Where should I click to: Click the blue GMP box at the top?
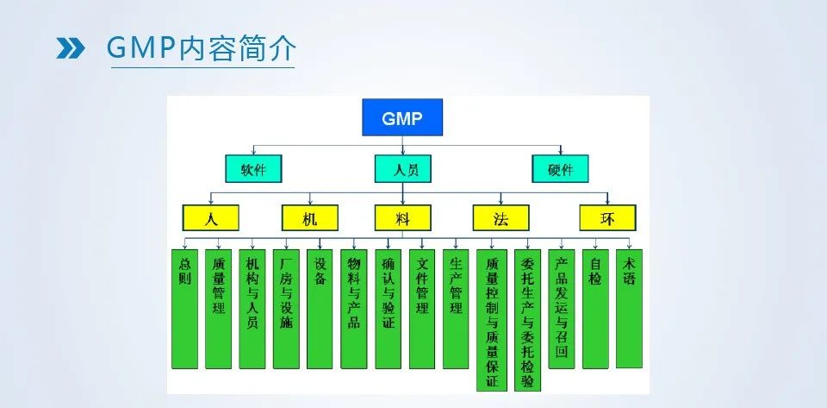pos(402,117)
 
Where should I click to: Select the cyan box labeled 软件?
pos(253,168)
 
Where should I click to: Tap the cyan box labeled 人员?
pos(402,168)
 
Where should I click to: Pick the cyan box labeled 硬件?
pos(560,168)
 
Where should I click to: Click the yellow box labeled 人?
pos(210,217)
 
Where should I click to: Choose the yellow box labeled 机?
pos(310,217)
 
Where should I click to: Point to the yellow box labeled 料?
pos(402,217)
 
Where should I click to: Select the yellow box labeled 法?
pos(501,217)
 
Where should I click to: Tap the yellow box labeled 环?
pos(607,217)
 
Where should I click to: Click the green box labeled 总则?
pos(184,308)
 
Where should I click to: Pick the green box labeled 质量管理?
pos(218,308)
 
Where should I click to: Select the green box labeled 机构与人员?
pos(252,308)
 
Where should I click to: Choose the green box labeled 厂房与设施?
pos(286,308)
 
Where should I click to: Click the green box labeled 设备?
pos(320,308)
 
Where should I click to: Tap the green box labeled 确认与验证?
pos(388,308)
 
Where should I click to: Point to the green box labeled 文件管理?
pos(422,308)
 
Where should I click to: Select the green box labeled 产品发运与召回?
pos(561,308)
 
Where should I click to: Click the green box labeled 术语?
pos(629,308)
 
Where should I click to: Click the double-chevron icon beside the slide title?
pos(70,48)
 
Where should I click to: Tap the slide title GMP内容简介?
pos(200,48)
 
